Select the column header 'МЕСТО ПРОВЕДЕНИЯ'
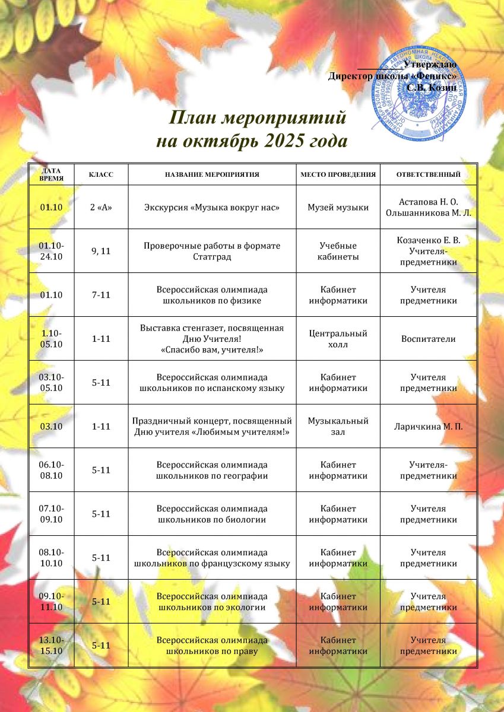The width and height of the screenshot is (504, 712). point(338,175)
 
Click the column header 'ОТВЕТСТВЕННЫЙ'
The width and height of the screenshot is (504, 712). point(428,175)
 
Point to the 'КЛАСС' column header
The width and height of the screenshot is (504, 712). point(101,175)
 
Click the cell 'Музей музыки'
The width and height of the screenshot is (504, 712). point(338,208)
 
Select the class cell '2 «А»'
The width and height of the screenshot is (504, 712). point(101,208)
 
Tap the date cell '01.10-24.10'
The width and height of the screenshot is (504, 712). point(52,251)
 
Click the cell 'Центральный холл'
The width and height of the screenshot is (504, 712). point(338,339)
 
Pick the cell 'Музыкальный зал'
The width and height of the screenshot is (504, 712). point(338,426)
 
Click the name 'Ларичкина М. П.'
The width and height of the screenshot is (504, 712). point(428,426)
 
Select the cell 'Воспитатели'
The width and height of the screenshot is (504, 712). point(428,339)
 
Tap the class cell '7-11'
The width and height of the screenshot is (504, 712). point(101,295)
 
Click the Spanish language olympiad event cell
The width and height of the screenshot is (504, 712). point(212,383)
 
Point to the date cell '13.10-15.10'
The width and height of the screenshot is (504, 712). point(52,646)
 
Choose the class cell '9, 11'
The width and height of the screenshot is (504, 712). point(101,251)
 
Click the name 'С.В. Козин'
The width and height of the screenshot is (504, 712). point(431,88)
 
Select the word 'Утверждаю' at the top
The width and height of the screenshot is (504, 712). point(429,64)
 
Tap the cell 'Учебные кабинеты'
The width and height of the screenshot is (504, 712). point(338,251)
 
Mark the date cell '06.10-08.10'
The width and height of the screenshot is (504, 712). point(52,470)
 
